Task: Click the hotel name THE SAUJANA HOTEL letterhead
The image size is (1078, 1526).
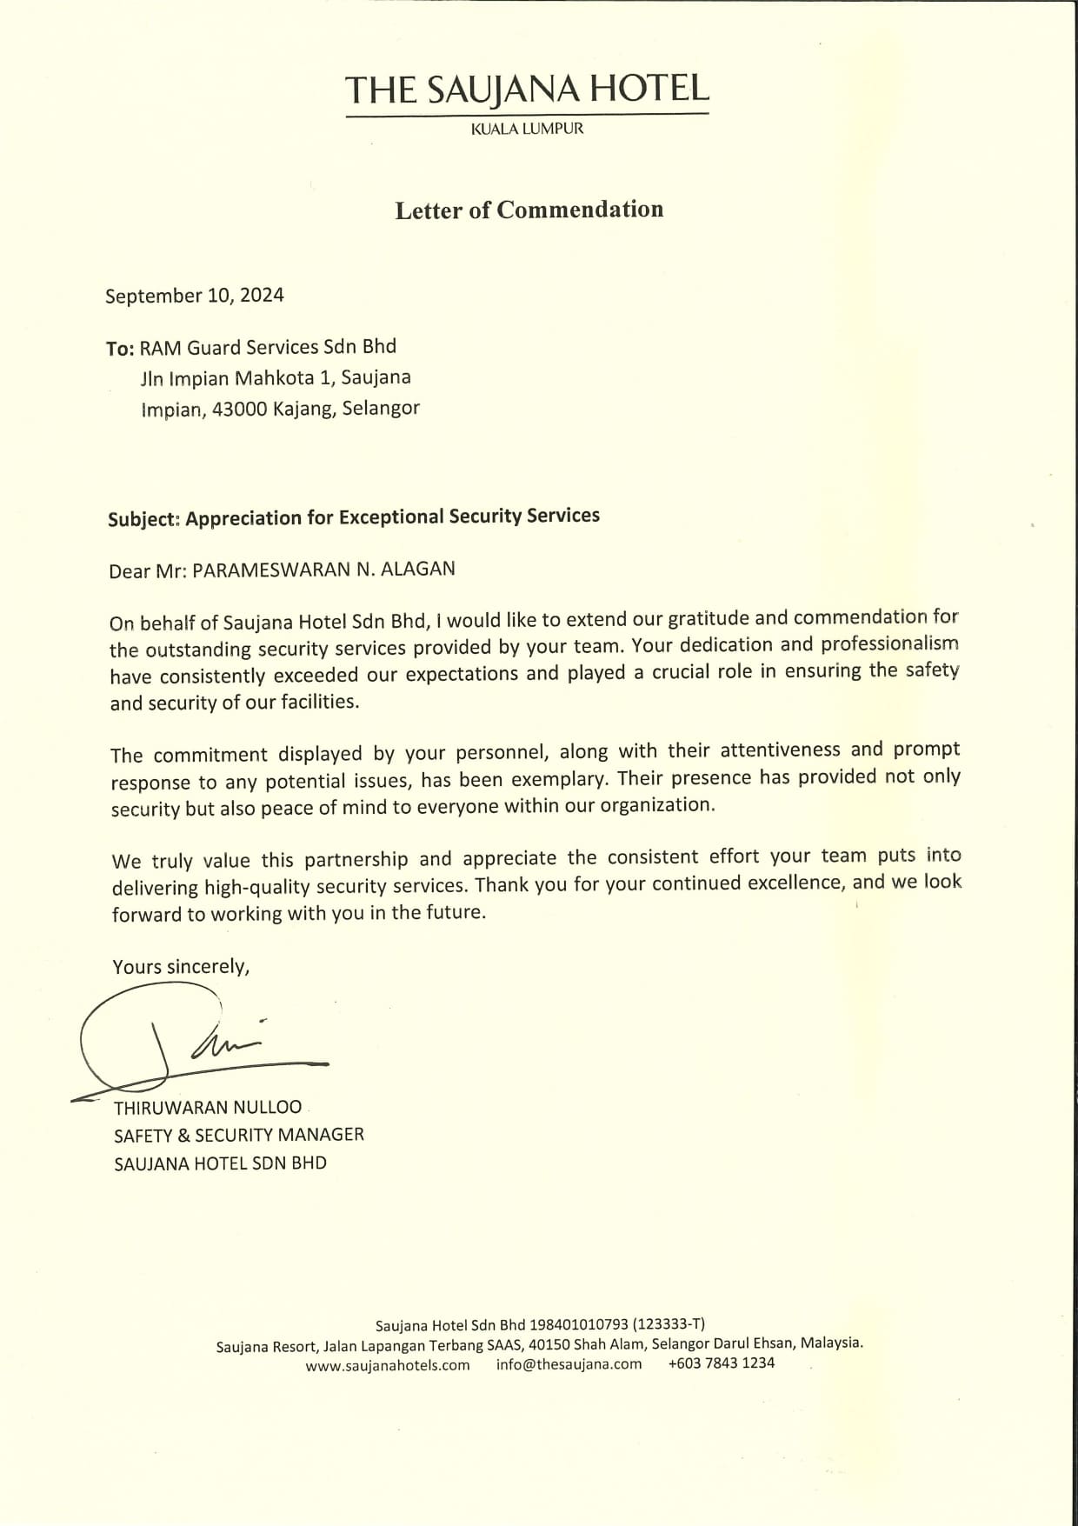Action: pos(527,89)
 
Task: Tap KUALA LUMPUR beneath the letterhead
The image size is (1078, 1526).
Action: pos(527,129)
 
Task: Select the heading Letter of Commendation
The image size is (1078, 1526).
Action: pos(529,210)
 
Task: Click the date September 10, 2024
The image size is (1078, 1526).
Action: pos(195,296)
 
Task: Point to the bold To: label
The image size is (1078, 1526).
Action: pos(120,349)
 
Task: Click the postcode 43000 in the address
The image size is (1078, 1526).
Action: pos(239,410)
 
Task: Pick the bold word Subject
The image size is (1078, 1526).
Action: pos(143,519)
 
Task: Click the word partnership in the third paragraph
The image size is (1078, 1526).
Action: pos(356,860)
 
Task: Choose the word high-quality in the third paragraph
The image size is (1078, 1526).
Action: pos(257,888)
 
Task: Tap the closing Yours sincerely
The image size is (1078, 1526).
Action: pos(181,967)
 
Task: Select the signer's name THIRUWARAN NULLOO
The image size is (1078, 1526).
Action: pos(208,1108)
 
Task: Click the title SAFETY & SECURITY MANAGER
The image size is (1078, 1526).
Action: pos(239,1135)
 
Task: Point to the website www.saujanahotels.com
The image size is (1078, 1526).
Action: pos(388,1365)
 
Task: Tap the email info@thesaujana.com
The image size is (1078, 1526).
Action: pos(569,1364)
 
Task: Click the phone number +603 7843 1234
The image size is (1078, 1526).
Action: pos(721,1363)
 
